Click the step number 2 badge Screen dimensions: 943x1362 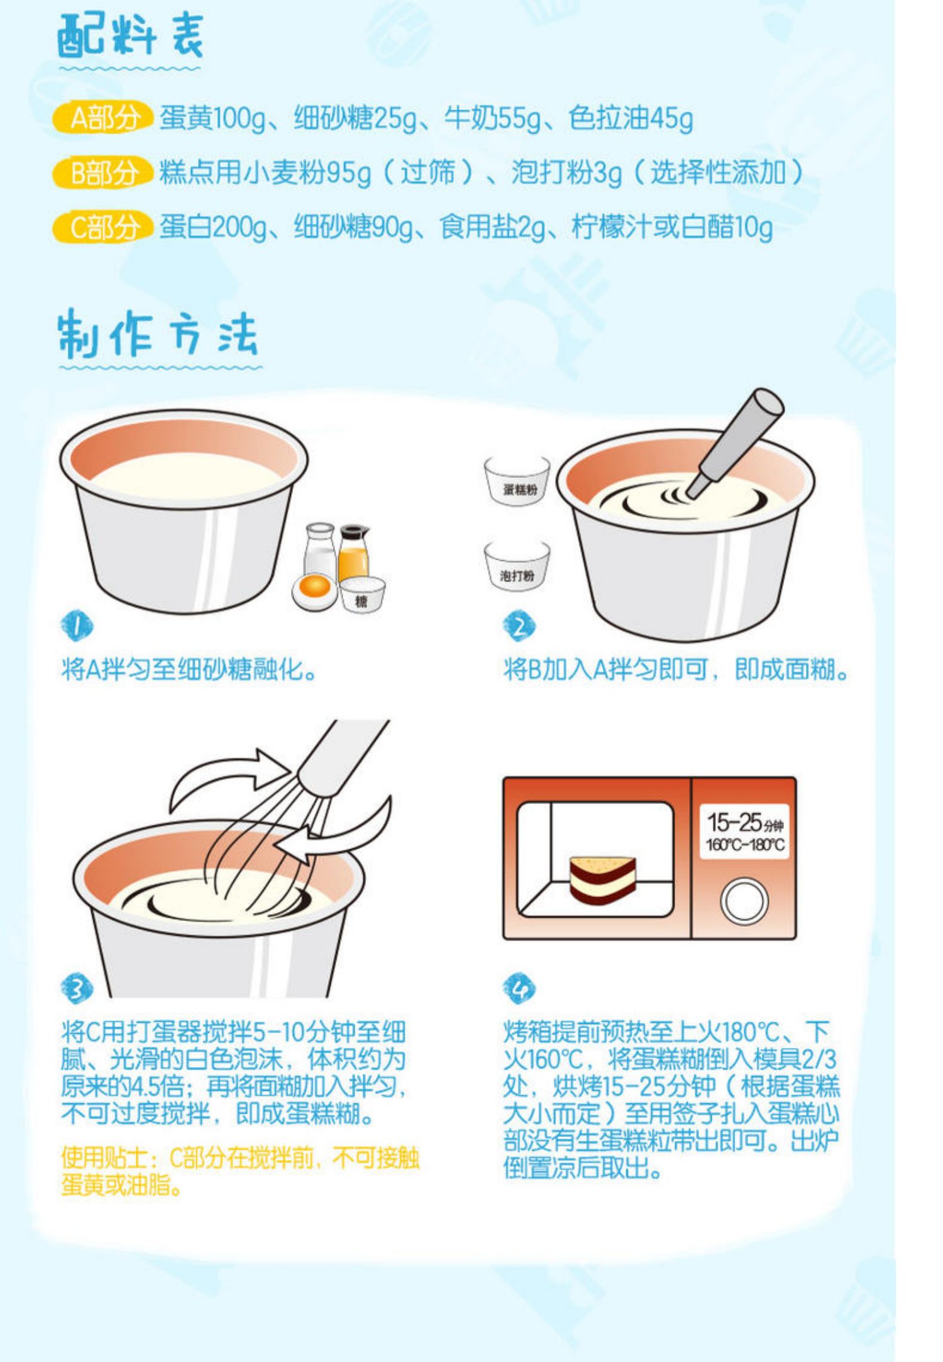point(519,627)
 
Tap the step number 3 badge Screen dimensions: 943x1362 point(76,988)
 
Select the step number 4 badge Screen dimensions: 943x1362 point(519,988)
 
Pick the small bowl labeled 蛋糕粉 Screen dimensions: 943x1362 point(517,481)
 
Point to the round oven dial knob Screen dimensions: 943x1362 point(744,901)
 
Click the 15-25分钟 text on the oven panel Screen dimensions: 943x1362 point(744,822)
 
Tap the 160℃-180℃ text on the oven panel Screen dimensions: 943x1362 point(745,845)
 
